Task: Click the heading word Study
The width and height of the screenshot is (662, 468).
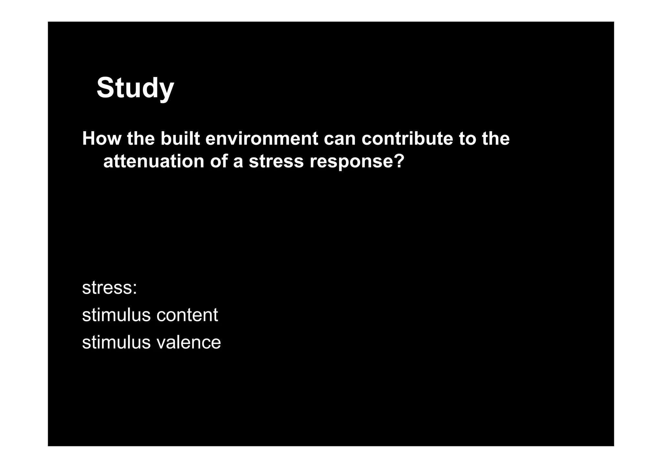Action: [135, 88]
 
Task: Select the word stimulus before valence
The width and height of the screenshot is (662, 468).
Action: [116, 342]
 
